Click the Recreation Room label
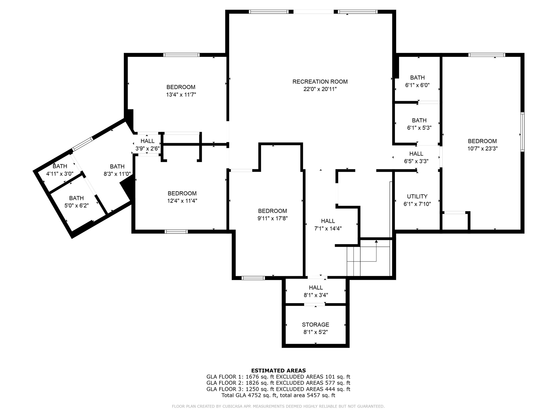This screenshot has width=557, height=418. pos(320,82)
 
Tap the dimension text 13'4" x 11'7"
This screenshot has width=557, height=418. pos(181,95)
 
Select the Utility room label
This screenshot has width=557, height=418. pos(417,196)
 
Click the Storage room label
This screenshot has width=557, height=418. pos(315,325)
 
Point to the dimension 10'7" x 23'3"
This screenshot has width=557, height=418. pos(482,149)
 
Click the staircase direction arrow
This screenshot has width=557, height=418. pos(376,242)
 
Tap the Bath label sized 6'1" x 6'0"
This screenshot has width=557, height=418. pos(417,78)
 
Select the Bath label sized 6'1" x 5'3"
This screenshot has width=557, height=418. pos(419,120)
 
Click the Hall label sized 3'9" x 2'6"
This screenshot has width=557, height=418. pos(147,141)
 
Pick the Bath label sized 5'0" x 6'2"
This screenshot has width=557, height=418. pos(76,198)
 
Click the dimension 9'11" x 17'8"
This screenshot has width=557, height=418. pos(273,218)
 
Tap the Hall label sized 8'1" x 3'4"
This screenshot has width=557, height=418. pos(316,288)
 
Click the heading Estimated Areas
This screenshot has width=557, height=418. pos(278,370)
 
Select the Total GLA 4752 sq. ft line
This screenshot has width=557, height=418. pos(278,395)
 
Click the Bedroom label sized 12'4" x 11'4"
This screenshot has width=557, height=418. pos(182,193)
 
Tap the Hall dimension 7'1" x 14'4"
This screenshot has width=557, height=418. pos(328,229)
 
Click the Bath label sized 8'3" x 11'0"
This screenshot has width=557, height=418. pos(117,167)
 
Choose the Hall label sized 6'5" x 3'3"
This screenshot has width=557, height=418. pos(416,154)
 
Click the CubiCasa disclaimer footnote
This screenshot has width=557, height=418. pos(278,406)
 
